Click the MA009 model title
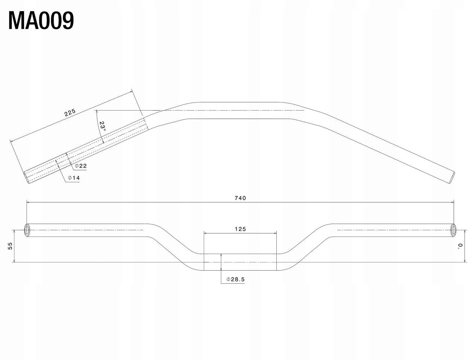[x=41, y=21]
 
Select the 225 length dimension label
[x=70, y=112]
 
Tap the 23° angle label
[x=103, y=126]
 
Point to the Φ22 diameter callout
[x=81, y=166]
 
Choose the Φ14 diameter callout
[x=74, y=178]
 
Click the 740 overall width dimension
[x=240, y=198]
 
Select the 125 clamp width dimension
[x=240, y=229]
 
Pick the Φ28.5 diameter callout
[x=236, y=279]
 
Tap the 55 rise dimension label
[x=10, y=246]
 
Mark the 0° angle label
[x=460, y=246]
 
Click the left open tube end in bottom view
[x=27, y=230]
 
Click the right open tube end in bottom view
[x=453, y=230]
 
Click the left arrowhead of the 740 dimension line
[x=28, y=203]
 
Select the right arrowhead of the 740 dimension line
[x=452, y=203]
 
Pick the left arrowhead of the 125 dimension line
[x=205, y=233]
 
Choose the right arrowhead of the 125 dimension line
[x=275, y=233]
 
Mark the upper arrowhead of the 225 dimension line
[x=130, y=92]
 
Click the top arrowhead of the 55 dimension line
[x=14, y=232]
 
